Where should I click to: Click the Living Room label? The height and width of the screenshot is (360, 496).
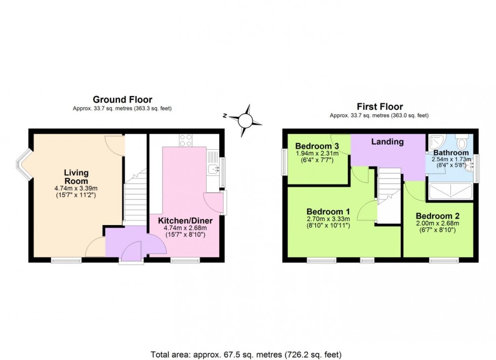click(76, 177)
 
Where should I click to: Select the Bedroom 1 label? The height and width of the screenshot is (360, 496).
click(328, 211)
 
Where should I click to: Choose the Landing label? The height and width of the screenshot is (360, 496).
click(388, 142)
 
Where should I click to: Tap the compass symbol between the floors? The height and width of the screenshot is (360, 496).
click(245, 120)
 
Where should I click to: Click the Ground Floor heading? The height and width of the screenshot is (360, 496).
click(122, 100)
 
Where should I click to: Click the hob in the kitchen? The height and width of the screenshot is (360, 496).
click(185, 140)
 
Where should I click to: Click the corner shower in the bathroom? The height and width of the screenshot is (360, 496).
click(435, 141)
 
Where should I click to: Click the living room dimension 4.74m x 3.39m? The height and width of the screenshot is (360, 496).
click(76, 188)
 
